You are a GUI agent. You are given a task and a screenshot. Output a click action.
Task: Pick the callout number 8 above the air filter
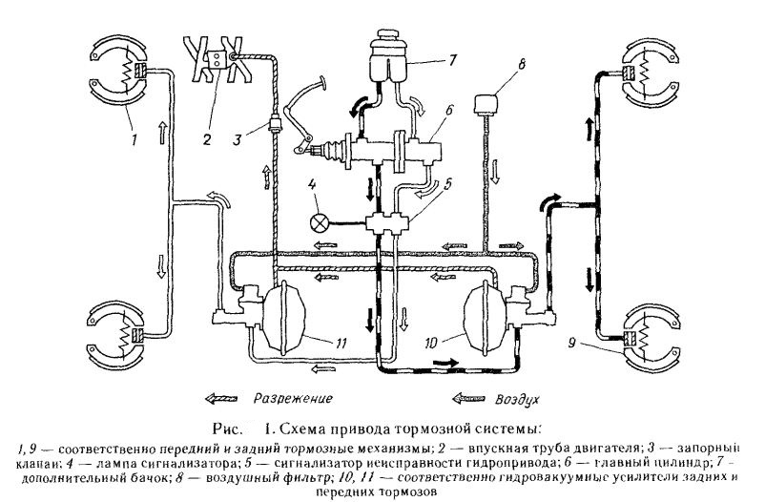[520, 67]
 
